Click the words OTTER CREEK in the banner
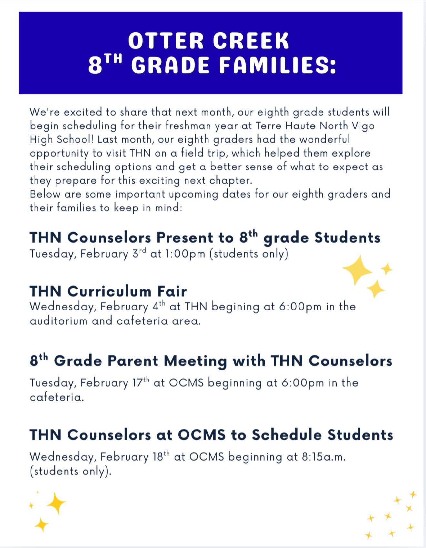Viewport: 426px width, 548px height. pyautogui.click(x=208, y=41)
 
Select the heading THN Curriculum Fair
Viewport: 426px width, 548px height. pyautogui.click(x=108, y=291)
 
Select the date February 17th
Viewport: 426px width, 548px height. pyautogui.click(x=115, y=382)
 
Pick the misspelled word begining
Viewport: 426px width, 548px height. pyautogui.click(x=235, y=307)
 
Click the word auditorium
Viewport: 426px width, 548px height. pyautogui.click(x=58, y=321)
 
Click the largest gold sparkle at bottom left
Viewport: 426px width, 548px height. pyautogui.click(x=56, y=503)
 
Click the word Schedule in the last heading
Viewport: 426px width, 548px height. pyautogui.click(x=287, y=435)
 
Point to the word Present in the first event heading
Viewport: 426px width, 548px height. pyautogui.click(x=185, y=238)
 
